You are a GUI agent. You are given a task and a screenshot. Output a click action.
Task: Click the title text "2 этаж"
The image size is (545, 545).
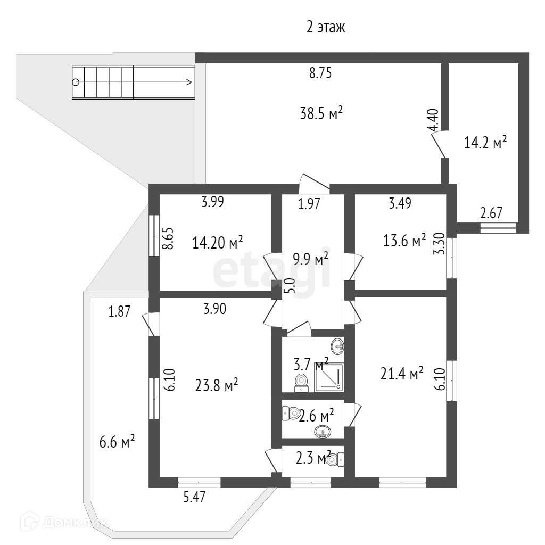coord(326,28)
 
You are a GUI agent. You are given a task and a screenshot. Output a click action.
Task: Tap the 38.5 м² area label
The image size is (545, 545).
coord(320,113)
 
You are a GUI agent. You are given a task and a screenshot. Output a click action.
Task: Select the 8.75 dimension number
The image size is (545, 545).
coord(320,74)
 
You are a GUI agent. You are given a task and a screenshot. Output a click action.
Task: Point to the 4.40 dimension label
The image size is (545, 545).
coord(434,120)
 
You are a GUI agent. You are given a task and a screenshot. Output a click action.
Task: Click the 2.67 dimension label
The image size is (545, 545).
coord(491,213)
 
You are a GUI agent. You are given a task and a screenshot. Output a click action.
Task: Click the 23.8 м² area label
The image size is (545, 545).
coord(216,384)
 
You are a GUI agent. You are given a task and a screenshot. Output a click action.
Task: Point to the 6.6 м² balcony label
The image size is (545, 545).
coord(117,441)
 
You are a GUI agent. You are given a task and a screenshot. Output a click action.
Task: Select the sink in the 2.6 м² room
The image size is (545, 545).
coord(323,432)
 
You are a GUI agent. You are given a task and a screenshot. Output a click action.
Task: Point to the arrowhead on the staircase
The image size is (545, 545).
coord(189,82)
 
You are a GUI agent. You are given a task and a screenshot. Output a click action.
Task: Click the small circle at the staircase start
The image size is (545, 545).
coord(76,82)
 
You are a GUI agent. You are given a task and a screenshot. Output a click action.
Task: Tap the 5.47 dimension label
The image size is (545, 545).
coord(193,498)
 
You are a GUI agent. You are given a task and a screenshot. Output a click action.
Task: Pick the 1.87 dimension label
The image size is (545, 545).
coord(119,312)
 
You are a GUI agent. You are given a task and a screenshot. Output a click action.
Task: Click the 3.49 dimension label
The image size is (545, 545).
coord(399,203)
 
